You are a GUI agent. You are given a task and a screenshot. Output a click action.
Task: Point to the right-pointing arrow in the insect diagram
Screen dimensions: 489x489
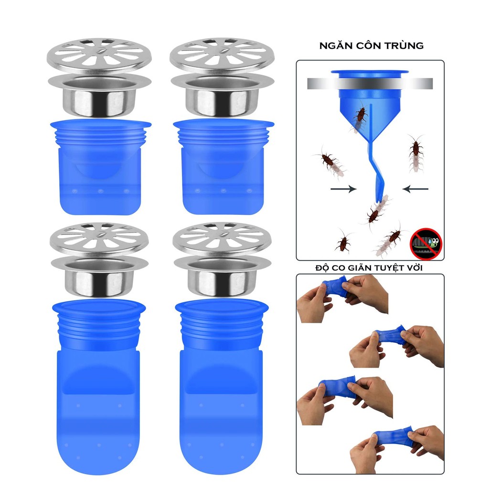pyautogui.click(x=343, y=189)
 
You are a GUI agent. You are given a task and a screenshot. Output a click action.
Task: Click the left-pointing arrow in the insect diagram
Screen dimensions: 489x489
pyautogui.click(x=415, y=189)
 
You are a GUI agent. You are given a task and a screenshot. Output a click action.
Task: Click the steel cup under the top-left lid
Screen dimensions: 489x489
pyautogui.click(x=99, y=98)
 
